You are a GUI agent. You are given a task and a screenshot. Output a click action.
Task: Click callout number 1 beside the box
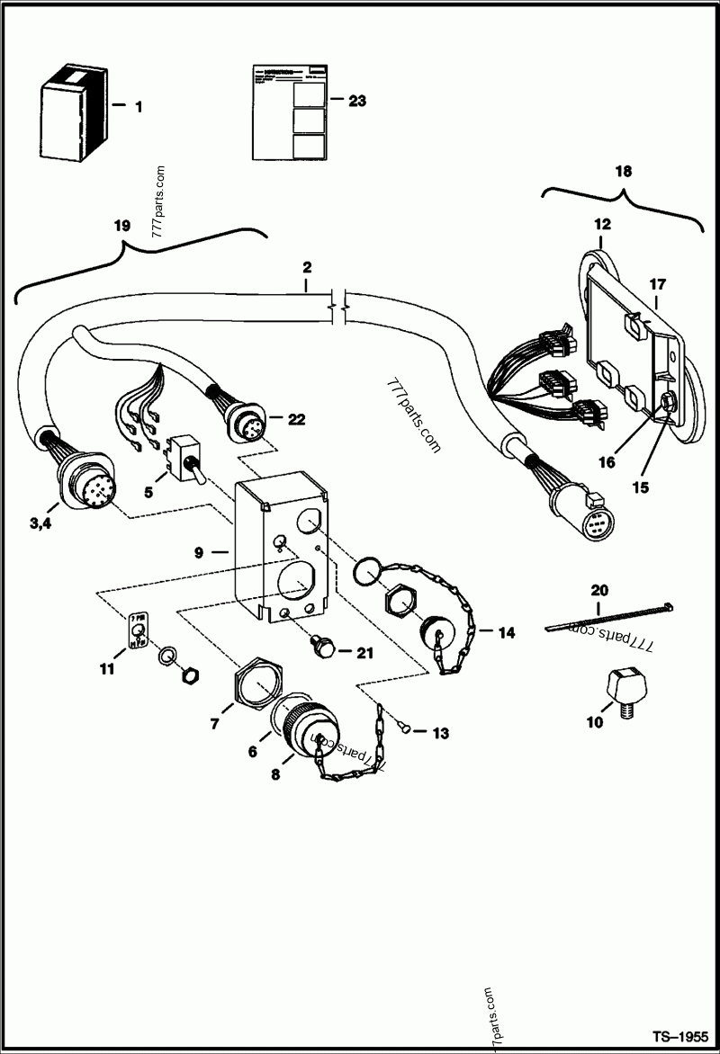[138, 107]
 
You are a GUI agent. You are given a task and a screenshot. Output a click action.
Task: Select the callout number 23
[356, 102]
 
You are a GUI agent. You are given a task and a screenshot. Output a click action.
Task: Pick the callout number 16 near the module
[607, 462]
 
